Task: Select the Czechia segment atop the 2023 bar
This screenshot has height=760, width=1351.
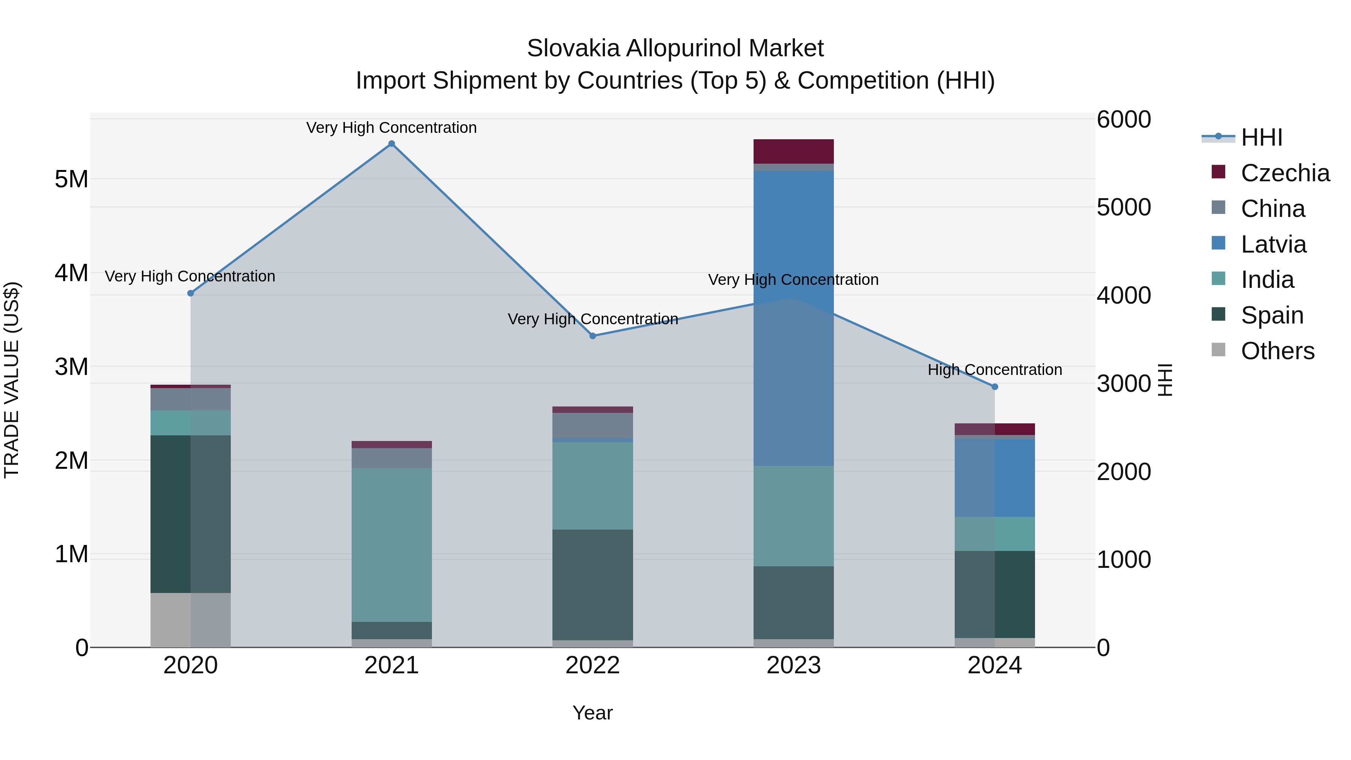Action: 793,152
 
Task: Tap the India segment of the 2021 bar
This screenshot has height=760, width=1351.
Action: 392,545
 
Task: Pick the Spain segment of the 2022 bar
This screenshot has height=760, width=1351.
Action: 593,584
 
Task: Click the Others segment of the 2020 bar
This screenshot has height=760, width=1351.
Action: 190,620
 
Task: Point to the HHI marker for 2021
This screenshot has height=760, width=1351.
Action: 392,144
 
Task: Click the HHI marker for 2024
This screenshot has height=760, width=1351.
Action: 994,387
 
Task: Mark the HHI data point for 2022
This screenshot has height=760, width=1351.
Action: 593,336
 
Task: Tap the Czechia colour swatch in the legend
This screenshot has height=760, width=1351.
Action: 1218,172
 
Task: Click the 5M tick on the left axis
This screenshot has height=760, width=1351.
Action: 71,179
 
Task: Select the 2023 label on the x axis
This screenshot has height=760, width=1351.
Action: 793,665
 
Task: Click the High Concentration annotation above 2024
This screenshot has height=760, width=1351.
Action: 994,370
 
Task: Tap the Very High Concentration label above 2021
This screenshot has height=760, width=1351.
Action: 392,128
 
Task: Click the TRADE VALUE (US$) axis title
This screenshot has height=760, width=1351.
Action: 12,380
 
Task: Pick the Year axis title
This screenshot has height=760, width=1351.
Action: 593,713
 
